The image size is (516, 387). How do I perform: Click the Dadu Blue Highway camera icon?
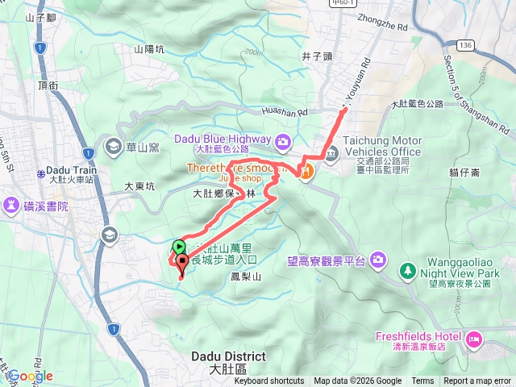[283, 143]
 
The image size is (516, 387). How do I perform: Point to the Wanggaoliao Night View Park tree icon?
[409, 268]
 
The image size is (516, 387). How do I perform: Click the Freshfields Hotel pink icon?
[474, 337]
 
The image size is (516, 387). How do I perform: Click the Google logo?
[30, 376]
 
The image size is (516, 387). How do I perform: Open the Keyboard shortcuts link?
[269, 381]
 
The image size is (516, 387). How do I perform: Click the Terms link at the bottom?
[422, 381]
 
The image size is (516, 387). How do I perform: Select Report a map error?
[478, 381]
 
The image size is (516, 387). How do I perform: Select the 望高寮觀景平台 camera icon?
[380, 260]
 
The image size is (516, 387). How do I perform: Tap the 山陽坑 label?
[149, 50]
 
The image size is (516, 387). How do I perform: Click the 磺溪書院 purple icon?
[13, 206]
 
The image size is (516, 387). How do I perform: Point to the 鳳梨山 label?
[247, 277]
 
